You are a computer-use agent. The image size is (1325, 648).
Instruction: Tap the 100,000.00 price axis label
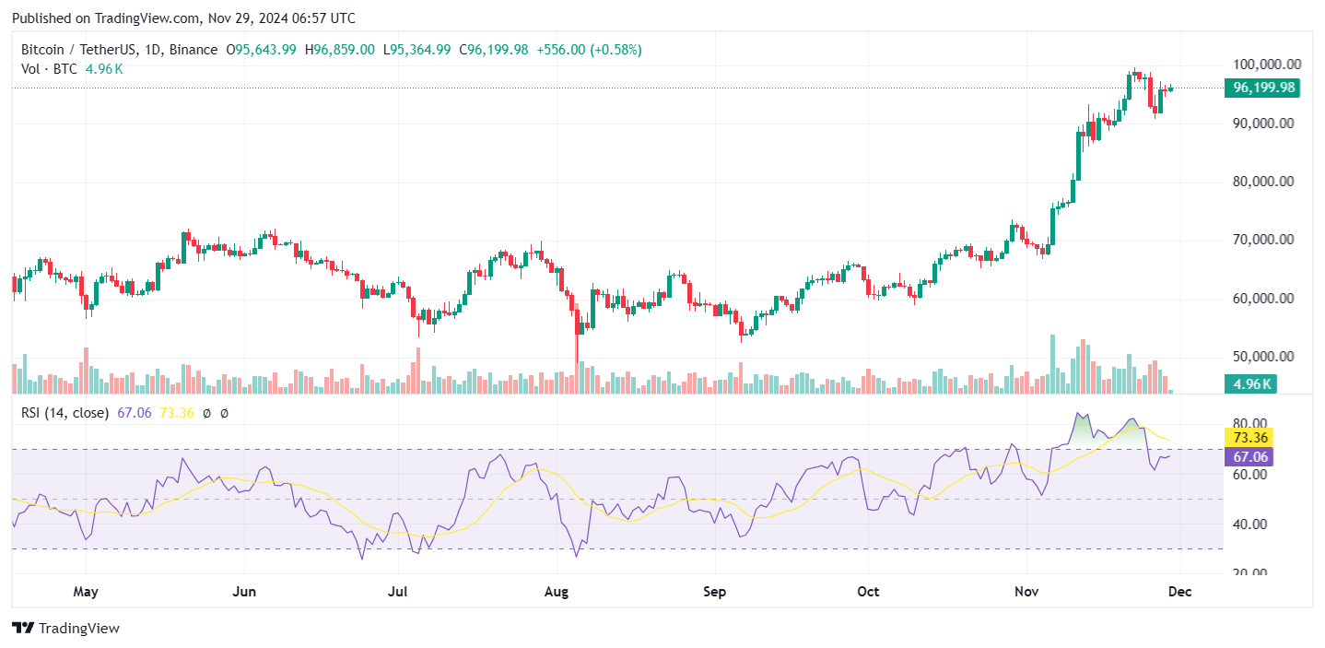tap(1266, 65)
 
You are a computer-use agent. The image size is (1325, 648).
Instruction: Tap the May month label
tap(86, 592)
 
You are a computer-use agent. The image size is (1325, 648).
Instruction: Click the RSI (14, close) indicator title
tap(64, 413)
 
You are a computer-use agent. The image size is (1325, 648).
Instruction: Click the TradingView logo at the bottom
tap(66, 629)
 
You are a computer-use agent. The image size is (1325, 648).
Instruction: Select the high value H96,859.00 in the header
tap(339, 50)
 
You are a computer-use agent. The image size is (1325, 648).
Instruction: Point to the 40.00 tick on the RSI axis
tap(1249, 524)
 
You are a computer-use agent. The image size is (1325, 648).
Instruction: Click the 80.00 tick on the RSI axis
tap(1249, 425)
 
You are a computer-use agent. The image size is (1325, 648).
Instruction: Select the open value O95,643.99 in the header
tap(261, 50)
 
